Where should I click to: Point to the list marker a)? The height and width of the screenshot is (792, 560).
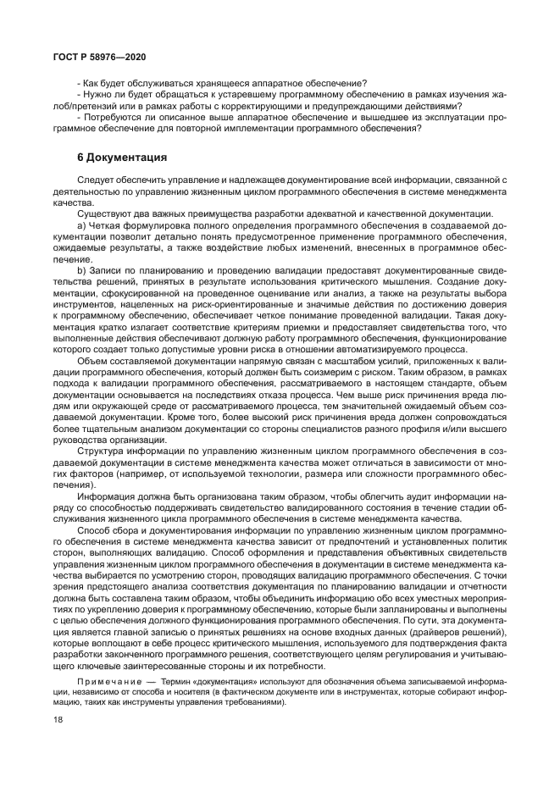[x=82, y=226]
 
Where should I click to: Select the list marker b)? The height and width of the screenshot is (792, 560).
[x=82, y=270]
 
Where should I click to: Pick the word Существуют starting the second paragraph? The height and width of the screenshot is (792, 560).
[x=105, y=214]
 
